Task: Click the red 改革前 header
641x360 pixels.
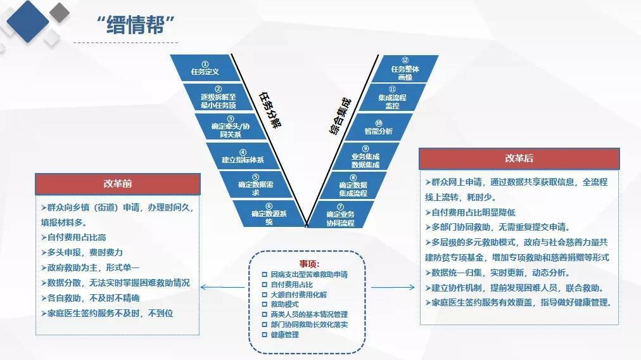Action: (118, 184)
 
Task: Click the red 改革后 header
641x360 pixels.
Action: (519, 158)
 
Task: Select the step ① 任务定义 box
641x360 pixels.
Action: (204, 68)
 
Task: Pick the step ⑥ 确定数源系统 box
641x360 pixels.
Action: (269, 214)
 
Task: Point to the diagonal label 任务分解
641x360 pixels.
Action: (270, 110)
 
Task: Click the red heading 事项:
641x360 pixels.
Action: (310, 263)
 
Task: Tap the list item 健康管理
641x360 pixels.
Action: (284, 334)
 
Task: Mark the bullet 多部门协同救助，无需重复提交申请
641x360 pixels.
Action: (500, 226)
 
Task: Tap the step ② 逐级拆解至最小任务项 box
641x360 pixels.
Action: (218, 98)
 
